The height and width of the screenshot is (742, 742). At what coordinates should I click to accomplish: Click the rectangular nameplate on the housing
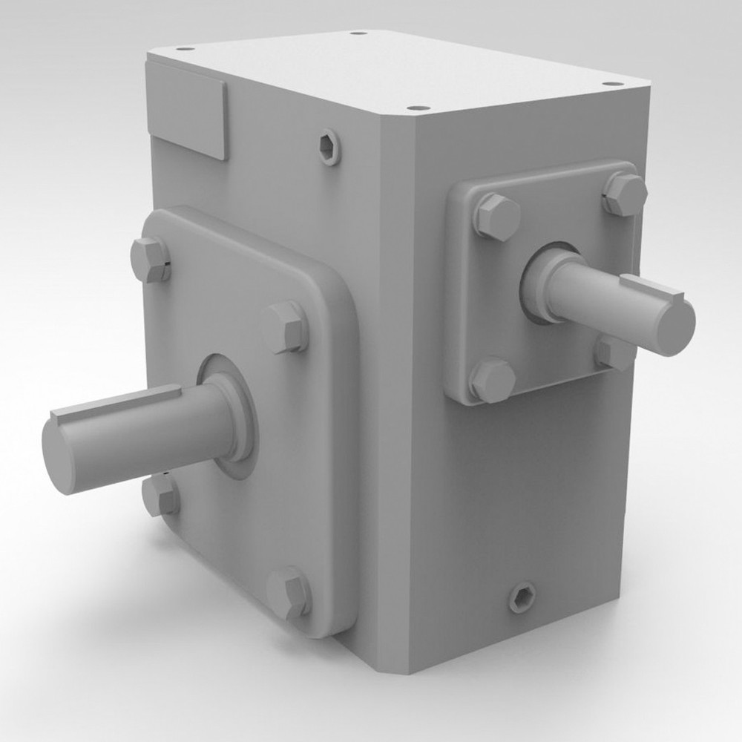(x=186, y=110)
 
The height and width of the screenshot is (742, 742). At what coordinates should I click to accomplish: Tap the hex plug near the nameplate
(x=330, y=146)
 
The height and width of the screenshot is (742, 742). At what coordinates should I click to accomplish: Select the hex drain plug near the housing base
(x=523, y=596)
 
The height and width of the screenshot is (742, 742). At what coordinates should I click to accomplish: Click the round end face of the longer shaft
(x=61, y=456)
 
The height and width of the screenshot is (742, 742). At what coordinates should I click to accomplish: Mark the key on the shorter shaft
(x=651, y=289)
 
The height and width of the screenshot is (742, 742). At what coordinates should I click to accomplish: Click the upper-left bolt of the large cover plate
(x=150, y=260)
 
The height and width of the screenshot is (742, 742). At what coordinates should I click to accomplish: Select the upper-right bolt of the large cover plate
(x=284, y=326)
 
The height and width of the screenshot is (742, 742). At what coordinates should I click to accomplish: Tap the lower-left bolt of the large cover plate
(x=160, y=496)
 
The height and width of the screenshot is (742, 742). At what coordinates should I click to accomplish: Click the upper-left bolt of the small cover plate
(x=496, y=216)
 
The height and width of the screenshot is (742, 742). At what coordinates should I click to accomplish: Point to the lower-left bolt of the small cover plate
(x=492, y=380)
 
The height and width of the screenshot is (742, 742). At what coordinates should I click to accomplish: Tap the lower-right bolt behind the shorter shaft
(x=614, y=352)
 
